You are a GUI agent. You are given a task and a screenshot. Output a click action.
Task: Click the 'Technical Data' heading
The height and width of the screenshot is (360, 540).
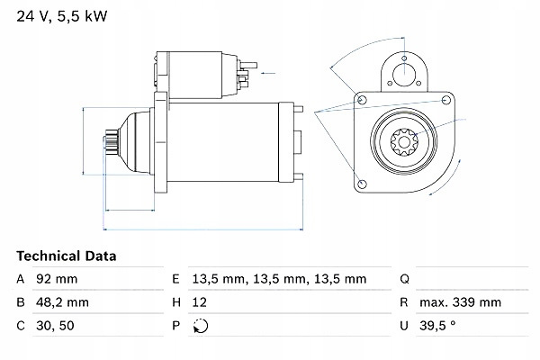tap(66, 256)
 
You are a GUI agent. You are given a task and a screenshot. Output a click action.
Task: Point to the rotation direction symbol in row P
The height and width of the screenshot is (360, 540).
tap(199, 327)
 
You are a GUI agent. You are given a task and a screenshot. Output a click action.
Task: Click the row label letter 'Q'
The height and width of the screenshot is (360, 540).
tap(404, 280)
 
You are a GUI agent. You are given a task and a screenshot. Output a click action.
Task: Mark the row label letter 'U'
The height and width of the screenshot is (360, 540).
tap(404, 327)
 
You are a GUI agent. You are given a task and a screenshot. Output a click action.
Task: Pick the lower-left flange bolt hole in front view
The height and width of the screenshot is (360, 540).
tap(363, 183)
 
